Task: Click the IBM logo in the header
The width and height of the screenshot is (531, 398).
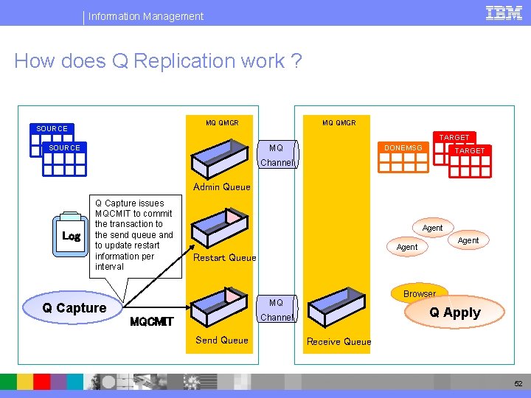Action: (x=504, y=13)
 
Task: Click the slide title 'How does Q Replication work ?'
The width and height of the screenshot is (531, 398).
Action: (x=158, y=61)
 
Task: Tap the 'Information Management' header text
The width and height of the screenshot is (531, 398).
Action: (x=146, y=15)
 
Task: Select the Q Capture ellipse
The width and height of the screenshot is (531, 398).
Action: (x=74, y=308)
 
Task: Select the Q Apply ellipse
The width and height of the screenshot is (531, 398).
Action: (x=455, y=313)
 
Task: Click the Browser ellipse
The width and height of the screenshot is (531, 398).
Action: (x=419, y=293)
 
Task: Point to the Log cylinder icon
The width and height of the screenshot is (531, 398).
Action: (x=72, y=235)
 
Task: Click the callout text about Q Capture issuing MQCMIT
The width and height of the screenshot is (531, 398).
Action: (x=134, y=234)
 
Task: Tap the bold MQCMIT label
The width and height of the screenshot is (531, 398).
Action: (x=151, y=321)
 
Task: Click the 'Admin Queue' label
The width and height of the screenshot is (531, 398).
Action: (x=221, y=187)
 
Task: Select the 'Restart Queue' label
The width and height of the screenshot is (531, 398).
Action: (x=224, y=257)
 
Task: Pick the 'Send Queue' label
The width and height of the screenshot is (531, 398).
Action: (x=221, y=340)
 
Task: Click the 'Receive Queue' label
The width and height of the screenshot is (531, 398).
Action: (x=339, y=341)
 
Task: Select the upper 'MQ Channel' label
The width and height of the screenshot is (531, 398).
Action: (x=277, y=156)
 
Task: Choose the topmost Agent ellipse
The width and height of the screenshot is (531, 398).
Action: (x=432, y=228)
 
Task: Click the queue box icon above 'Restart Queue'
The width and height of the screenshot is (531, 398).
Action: (x=220, y=228)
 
